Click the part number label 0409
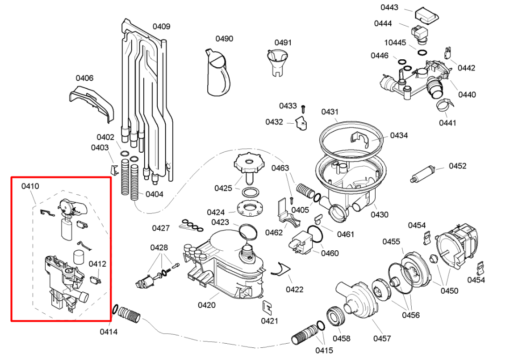[x=161, y=27]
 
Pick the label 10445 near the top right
[x=395, y=42]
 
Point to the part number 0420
[x=207, y=305]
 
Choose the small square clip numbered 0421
[x=267, y=307]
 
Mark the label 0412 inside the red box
[x=97, y=264]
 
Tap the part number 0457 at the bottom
[x=382, y=339]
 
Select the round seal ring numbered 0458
[x=337, y=318]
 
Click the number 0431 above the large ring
[x=330, y=112]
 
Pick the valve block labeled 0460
[x=301, y=242]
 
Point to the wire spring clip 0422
[x=281, y=269]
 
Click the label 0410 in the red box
[x=30, y=186]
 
